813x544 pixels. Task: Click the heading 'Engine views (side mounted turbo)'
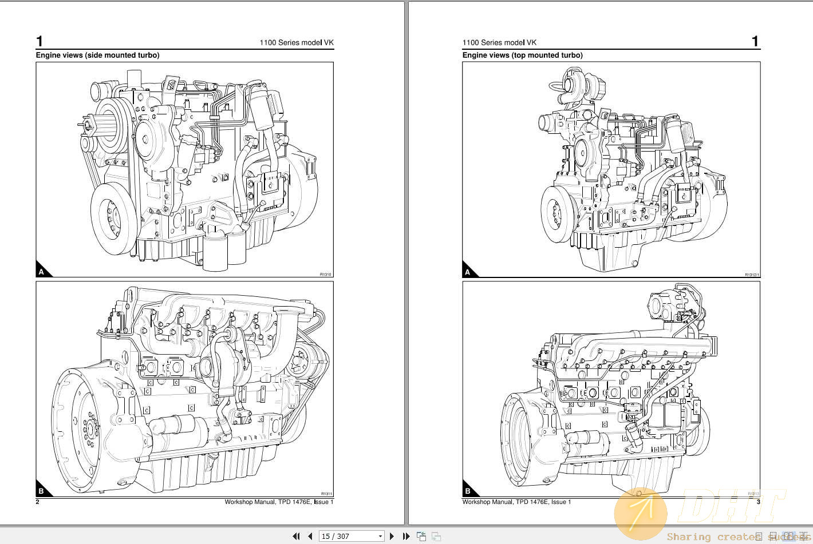pyautogui.click(x=97, y=55)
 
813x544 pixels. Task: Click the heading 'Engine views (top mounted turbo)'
pyautogui.click(x=522, y=55)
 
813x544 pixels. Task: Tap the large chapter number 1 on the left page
pyautogui.click(x=40, y=41)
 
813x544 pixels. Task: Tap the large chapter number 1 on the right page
pyautogui.click(x=755, y=41)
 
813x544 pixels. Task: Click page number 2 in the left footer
pyautogui.click(x=38, y=502)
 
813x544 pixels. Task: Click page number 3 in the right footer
pyautogui.click(x=758, y=502)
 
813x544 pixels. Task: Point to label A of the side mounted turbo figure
pyautogui.click(x=41, y=272)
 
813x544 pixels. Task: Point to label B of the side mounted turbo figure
pyautogui.click(x=41, y=491)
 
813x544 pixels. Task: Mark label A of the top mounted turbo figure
pyautogui.click(x=468, y=272)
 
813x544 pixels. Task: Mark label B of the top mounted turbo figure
pyautogui.click(x=468, y=491)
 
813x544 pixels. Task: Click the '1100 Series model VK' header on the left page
pyautogui.click(x=296, y=42)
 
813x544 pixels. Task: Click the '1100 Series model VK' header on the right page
pyautogui.click(x=499, y=42)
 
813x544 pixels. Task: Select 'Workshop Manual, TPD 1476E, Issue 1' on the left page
pyautogui.click(x=279, y=502)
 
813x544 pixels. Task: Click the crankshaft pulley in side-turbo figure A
pyautogui.click(x=113, y=219)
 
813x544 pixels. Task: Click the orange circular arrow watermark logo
pyautogui.click(x=641, y=513)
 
